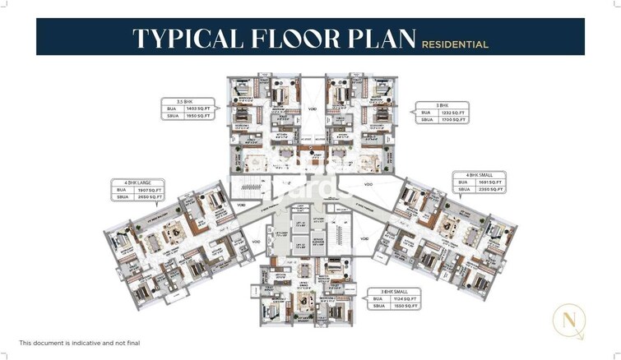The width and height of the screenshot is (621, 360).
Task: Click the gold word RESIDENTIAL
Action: (455, 44)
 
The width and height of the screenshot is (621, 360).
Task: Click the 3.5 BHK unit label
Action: (175, 102)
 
